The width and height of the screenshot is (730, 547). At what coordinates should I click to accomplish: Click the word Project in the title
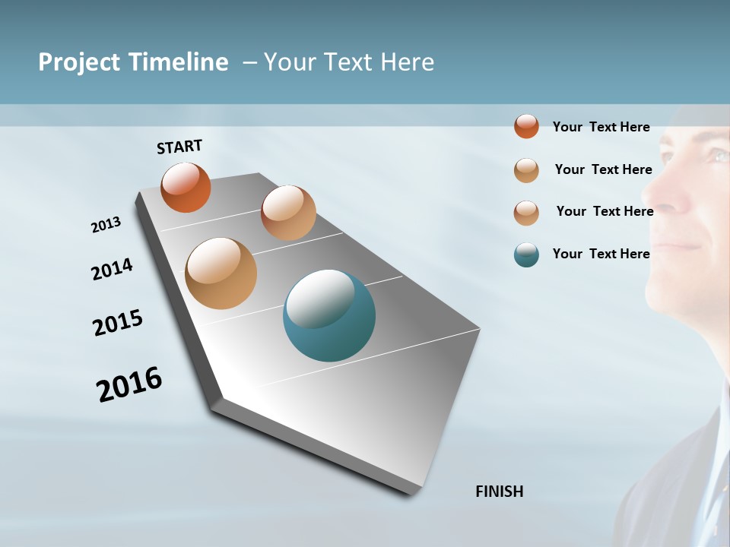coord(79,62)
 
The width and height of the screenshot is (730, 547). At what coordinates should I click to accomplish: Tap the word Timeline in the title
coord(179,62)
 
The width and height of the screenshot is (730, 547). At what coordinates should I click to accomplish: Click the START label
coord(179,146)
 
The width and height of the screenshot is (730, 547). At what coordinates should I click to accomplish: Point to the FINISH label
coord(499,492)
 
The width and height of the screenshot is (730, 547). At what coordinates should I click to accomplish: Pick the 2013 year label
coord(106,225)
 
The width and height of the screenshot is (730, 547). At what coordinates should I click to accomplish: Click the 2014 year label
coord(112,269)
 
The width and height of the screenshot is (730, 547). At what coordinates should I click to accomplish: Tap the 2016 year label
coord(129,384)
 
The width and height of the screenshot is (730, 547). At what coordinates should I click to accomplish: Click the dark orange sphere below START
coord(186,187)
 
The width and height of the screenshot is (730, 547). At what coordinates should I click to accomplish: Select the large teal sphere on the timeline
coord(329,315)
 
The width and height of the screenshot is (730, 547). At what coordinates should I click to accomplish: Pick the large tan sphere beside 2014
coord(221,273)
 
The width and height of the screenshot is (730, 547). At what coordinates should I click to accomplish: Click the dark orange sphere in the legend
coord(526,126)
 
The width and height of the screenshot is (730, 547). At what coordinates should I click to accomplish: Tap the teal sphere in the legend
coord(526,254)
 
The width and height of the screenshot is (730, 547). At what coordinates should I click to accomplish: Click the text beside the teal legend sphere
coord(601,254)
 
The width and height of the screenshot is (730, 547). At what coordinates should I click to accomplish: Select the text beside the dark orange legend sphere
coord(601,127)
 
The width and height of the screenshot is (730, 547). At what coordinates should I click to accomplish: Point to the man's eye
coord(718,157)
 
